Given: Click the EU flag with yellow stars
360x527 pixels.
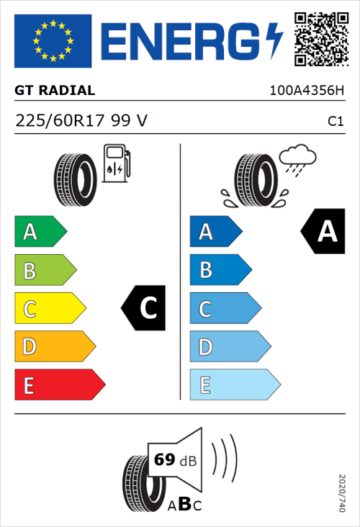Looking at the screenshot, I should point(53,40).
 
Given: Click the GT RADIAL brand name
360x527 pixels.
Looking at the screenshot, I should point(55,91).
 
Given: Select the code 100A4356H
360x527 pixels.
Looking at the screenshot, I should point(306,91).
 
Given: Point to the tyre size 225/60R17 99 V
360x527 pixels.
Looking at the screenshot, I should point(81,121).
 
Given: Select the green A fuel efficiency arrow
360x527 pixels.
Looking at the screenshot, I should point(40,232).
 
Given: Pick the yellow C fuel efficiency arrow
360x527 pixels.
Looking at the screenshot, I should point(49,309).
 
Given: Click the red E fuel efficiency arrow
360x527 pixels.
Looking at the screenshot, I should point(59,385).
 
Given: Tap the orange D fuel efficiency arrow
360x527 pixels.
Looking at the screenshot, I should point(54,347).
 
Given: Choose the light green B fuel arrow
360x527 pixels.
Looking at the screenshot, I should point(45,271).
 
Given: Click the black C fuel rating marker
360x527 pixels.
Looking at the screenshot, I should point(145,309).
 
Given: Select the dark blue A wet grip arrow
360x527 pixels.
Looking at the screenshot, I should point(215,232).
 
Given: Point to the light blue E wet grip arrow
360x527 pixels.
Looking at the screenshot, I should point(234,385).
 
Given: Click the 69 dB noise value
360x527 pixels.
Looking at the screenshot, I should point(174,460).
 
